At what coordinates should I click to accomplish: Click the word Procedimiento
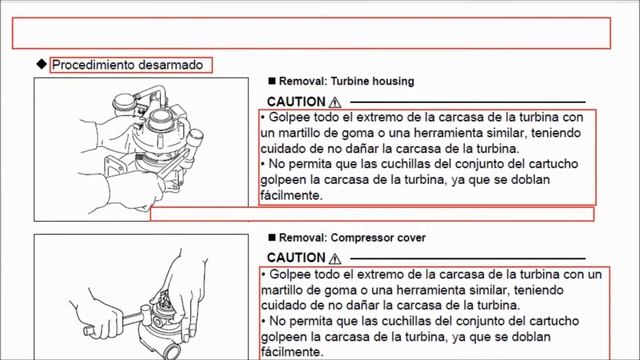click(x=93, y=65)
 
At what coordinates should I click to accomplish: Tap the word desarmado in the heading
click(x=171, y=65)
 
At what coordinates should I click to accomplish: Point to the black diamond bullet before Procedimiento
click(x=42, y=64)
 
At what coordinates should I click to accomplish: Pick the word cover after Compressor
click(x=413, y=238)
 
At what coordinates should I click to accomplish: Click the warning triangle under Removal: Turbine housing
click(x=335, y=102)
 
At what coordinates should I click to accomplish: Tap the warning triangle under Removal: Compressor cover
click(x=335, y=258)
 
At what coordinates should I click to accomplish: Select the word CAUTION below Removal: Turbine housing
click(x=296, y=102)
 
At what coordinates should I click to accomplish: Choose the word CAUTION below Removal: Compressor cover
click(x=296, y=258)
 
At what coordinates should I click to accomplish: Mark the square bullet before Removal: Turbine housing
click(x=272, y=81)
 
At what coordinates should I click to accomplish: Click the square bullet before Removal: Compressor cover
click(x=272, y=237)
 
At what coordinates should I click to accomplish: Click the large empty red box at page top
click(x=311, y=33)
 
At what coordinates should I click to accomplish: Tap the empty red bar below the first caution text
click(x=372, y=214)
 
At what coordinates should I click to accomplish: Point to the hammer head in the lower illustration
click(x=146, y=314)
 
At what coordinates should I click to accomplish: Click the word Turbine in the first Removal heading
click(x=348, y=81)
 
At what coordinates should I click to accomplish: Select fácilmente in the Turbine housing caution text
click(x=291, y=196)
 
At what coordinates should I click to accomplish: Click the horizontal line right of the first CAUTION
click(x=468, y=102)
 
